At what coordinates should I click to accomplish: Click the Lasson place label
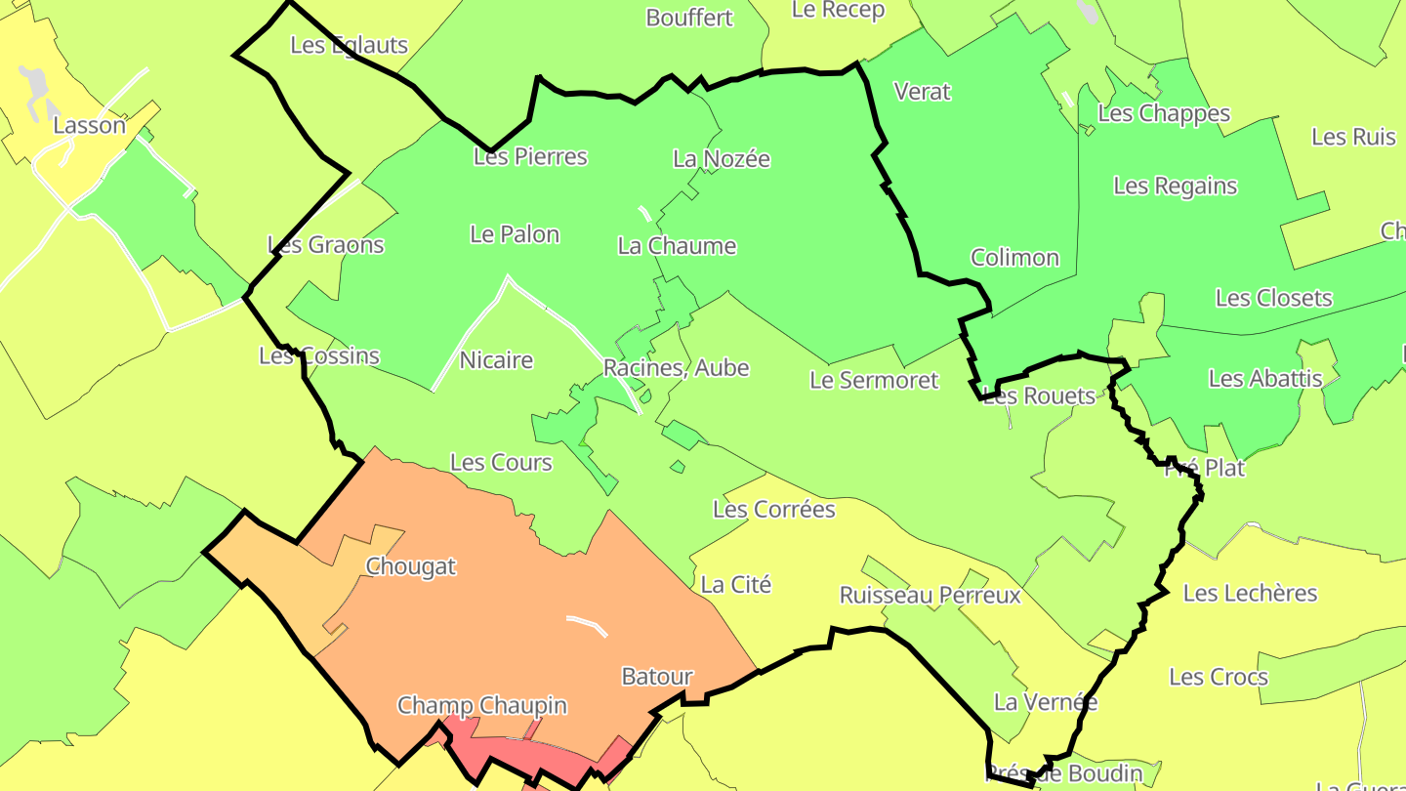90,125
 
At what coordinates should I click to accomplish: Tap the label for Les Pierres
530,156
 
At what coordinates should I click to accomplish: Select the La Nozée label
722,158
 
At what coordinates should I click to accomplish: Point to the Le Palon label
515,234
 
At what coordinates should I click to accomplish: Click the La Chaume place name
677,245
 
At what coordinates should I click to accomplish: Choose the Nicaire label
496,360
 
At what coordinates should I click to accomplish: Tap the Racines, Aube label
676,368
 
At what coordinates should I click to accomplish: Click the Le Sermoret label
874,380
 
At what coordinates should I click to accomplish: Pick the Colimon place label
1014,258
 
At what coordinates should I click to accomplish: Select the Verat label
923,92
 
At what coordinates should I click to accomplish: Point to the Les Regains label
1175,186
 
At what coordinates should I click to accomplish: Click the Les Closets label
1273,298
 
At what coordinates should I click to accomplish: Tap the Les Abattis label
1265,378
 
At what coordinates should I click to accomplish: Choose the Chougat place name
410,566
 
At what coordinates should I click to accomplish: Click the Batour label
657,677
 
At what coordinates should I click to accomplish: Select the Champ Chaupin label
481,705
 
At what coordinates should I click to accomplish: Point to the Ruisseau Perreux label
930,596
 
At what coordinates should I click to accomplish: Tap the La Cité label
736,585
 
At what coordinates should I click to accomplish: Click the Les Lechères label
1250,593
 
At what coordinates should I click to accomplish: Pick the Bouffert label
689,18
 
